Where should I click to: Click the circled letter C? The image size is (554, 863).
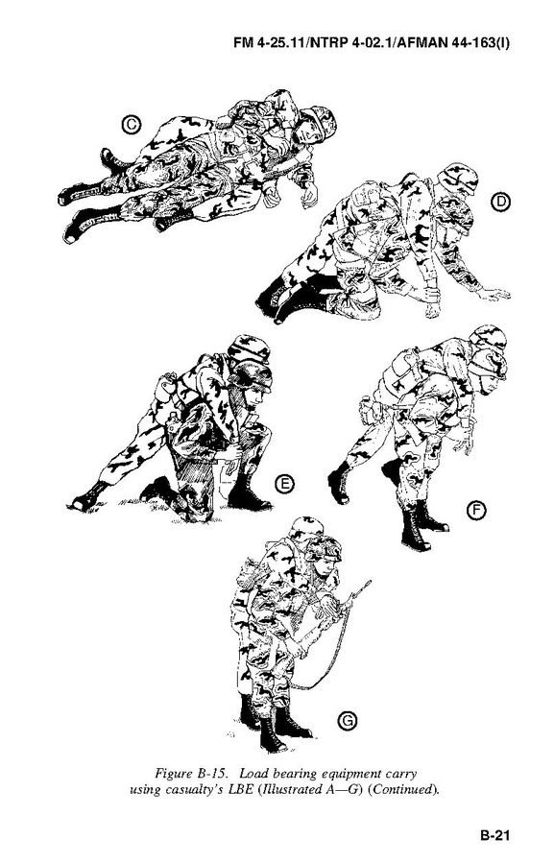pos(132,125)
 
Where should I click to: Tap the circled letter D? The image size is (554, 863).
pos(500,202)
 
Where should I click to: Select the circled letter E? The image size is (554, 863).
pos(284,485)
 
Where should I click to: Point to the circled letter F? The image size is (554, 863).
pos(476,511)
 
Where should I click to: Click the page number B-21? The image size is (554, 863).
pos(494,835)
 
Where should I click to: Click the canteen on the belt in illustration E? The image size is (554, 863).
pos(163,388)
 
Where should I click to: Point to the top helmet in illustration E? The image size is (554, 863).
pos(249,348)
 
